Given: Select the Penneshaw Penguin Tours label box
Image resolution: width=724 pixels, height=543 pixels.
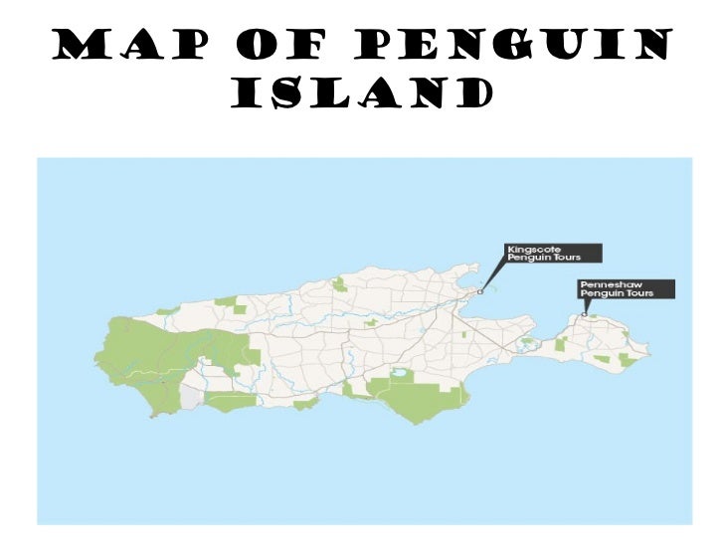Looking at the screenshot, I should click(627, 289).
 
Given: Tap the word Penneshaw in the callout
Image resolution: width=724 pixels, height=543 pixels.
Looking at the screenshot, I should click(606, 284).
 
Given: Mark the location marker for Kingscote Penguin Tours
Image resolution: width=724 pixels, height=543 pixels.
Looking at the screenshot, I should click(480, 292).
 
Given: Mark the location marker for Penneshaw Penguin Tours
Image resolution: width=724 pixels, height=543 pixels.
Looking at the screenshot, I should click(584, 315).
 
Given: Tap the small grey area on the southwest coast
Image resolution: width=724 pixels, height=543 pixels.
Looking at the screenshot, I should click(191, 400).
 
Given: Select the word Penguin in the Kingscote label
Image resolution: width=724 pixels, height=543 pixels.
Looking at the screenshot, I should click(525, 259).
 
